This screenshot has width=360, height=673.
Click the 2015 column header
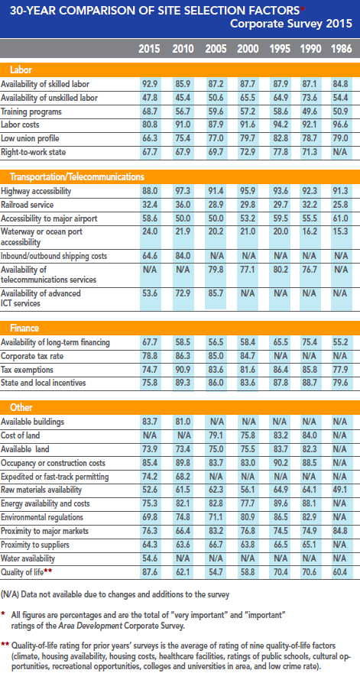click(x=149, y=49)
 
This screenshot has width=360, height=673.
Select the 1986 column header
click(x=342, y=49)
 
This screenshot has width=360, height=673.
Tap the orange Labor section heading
click(x=21, y=70)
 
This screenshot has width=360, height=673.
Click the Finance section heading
click(x=24, y=328)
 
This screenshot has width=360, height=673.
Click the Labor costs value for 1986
click(x=342, y=125)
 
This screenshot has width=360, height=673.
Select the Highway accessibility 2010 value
click(x=183, y=190)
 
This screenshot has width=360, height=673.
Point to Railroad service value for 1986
click(x=342, y=204)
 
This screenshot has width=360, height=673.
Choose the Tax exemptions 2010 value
click(x=183, y=370)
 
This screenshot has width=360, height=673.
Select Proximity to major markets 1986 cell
click(x=342, y=532)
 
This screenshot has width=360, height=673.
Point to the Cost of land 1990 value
click(x=310, y=435)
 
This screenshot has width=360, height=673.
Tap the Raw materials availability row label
click(x=37, y=490)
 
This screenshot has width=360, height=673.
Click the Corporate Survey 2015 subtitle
click(x=291, y=23)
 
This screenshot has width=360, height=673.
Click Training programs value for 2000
click(x=248, y=112)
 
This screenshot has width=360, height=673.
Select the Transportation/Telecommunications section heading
click(x=77, y=176)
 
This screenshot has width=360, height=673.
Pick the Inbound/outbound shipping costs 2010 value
click(x=183, y=256)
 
